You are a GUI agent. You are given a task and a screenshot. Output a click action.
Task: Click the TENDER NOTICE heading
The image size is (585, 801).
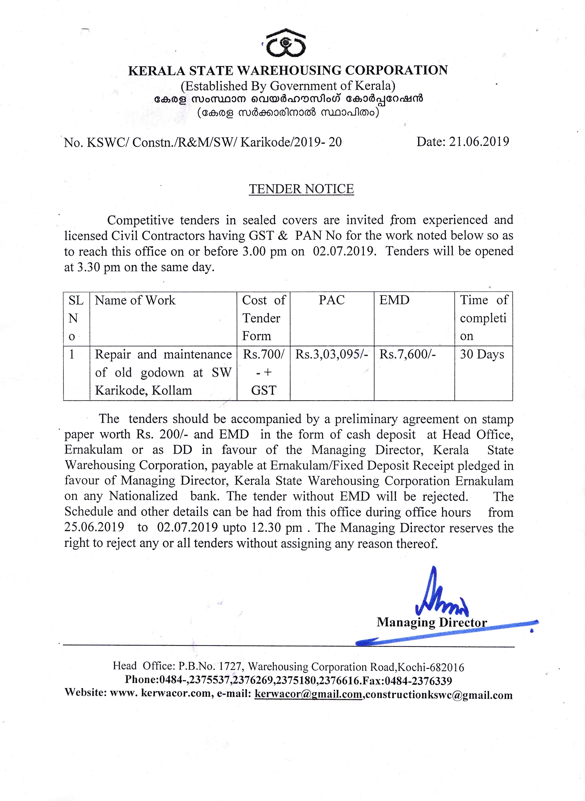[301, 189]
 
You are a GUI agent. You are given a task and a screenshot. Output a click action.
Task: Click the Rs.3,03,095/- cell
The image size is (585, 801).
[332, 354]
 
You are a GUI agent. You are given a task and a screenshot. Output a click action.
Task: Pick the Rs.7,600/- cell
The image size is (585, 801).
[407, 354]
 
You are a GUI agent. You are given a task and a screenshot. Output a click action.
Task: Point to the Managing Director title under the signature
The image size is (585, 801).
[432, 622]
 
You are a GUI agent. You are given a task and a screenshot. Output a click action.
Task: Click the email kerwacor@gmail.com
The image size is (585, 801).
[308, 694]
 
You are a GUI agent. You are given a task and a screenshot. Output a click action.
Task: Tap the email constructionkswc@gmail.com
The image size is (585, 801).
[439, 695]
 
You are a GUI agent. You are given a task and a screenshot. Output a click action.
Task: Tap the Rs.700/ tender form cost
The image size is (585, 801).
[263, 354]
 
